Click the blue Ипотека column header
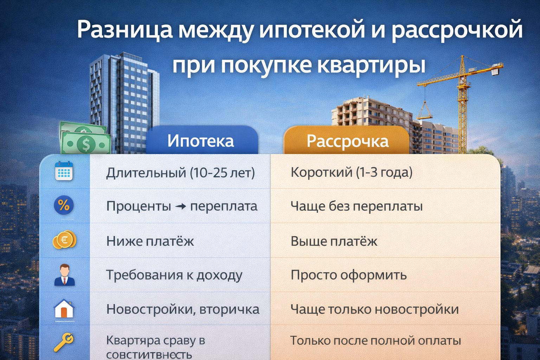(201, 141)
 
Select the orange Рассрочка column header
(347, 141)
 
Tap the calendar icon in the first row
(64, 171)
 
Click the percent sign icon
(64, 205)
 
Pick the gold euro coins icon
(64, 240)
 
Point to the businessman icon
(64, 275)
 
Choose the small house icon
(64, 309)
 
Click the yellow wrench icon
(64, 342)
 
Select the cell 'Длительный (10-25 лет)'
(180, 173)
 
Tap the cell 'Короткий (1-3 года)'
(352, 172)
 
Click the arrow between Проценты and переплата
(181, 207)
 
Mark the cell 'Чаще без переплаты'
(356, 206)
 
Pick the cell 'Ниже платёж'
(150, 241)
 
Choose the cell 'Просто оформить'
(348, 275)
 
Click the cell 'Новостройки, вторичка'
(183, 309)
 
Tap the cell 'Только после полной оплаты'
(375, 340)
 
